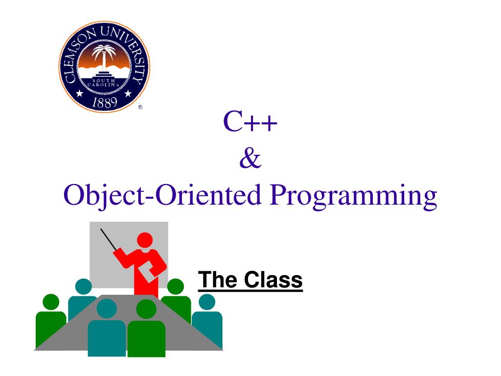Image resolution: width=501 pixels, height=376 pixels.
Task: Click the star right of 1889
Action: coord(129,93)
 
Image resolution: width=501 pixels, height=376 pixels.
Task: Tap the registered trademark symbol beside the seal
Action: coord(140,108)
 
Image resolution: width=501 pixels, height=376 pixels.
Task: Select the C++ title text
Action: coord(250,123)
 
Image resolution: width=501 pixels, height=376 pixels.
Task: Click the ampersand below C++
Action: coord(250,159)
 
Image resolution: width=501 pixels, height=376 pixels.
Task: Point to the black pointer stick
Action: coord(108,239)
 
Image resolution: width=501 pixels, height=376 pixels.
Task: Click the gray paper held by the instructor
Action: coord(149,271)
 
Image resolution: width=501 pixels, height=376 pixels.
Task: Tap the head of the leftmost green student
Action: coord(51,302)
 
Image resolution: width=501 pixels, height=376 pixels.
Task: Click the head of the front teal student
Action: coord(107,308)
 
